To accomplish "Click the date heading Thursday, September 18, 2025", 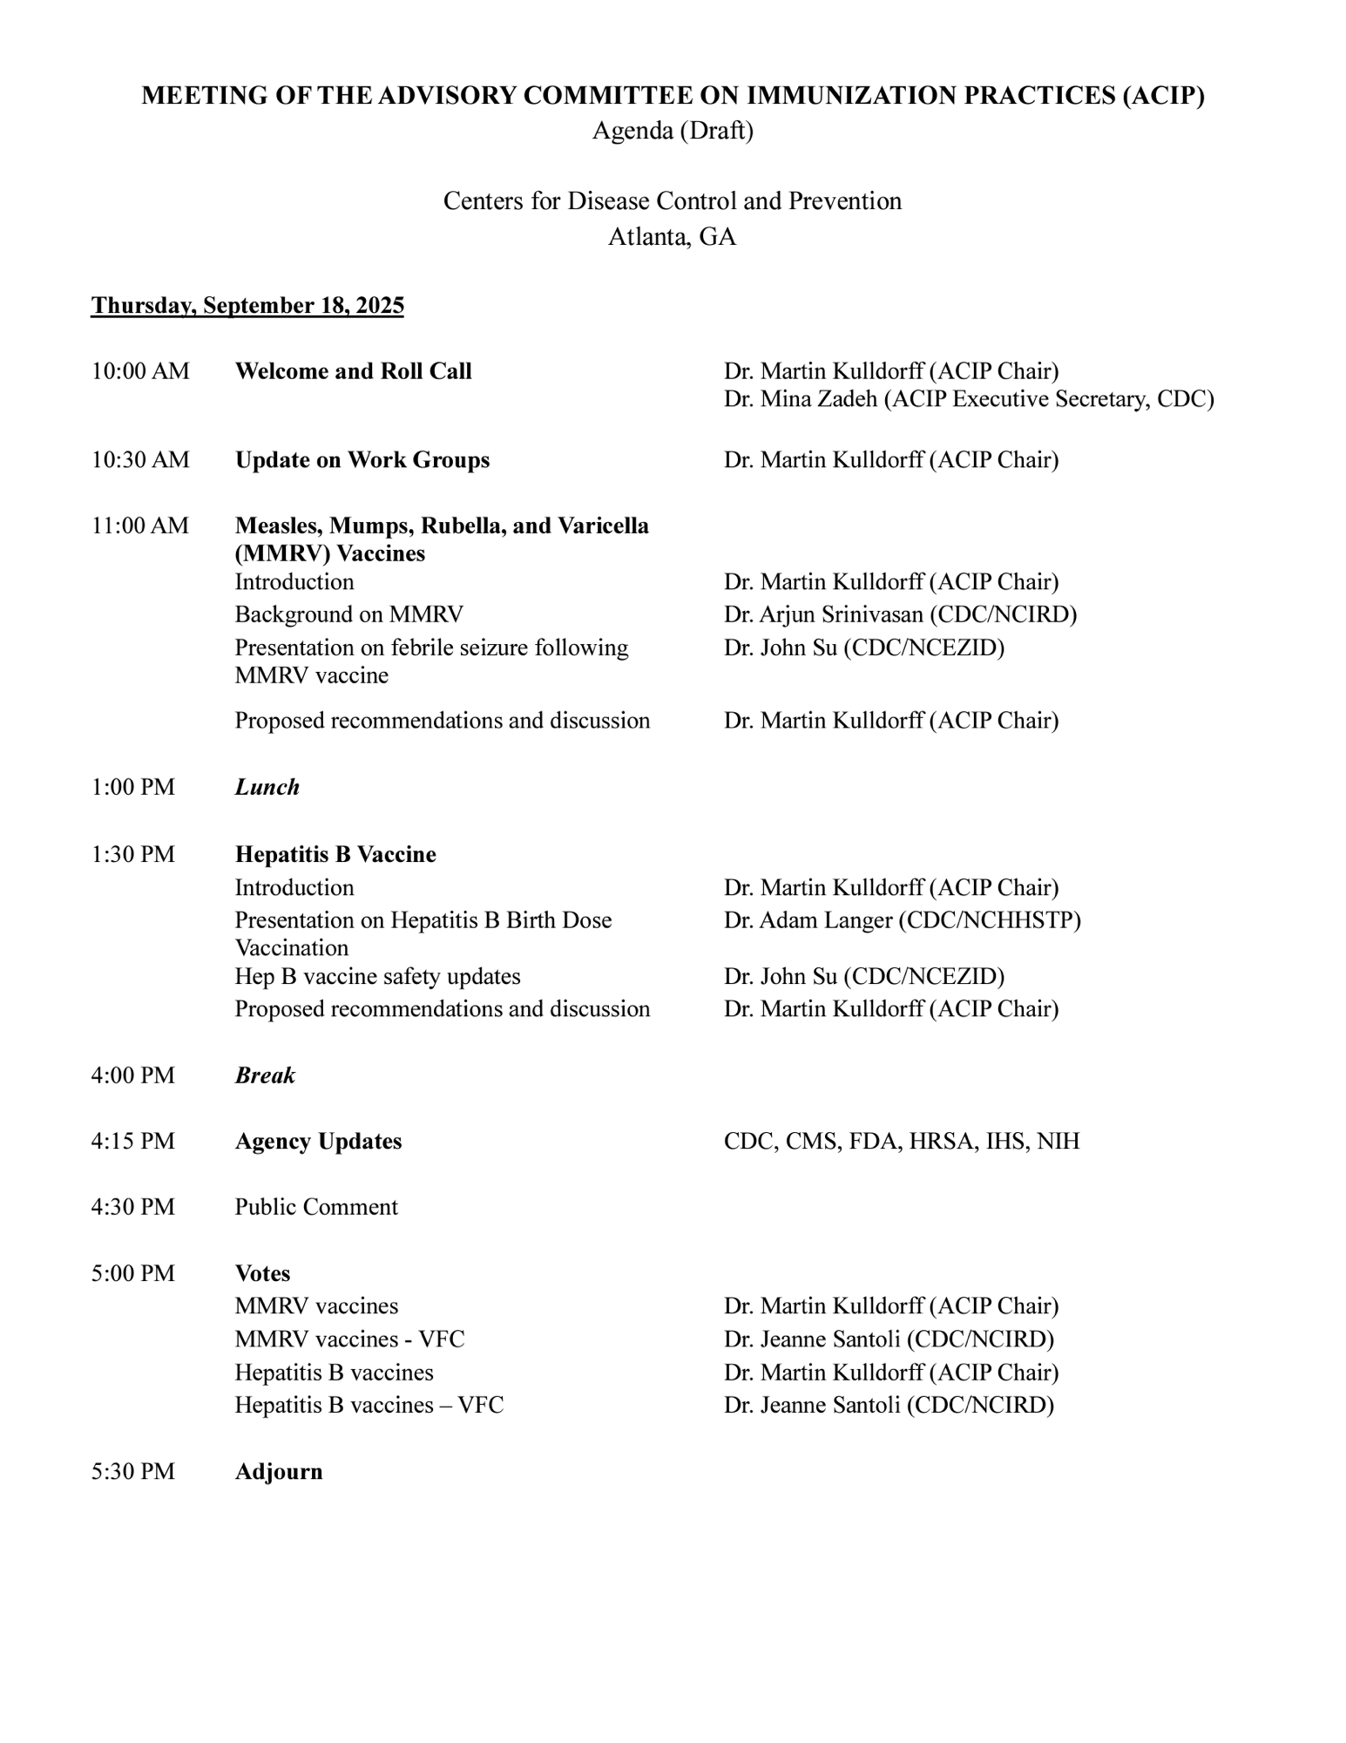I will (247, 306).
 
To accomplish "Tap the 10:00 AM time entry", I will (140, 371).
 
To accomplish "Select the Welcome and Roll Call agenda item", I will (353, 371).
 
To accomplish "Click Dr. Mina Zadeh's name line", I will (968, 399).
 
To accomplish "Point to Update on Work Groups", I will (362, 460).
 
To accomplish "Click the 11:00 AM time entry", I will (140, 526).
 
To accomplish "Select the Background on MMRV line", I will (348, 614).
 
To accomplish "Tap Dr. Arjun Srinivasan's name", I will (900, 614).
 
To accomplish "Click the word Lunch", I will (267, 787).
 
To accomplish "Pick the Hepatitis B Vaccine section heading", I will (335, 854).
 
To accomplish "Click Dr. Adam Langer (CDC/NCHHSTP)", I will (902, 920).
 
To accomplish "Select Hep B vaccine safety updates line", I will (377, 976).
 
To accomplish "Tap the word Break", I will (265, 1075).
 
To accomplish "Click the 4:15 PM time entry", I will (133, 1142).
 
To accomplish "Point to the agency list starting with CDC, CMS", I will (901, 1142).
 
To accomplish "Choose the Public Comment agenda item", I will (316, 1207).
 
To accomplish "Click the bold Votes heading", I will (262, 1273).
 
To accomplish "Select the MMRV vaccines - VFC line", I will (349, 1339).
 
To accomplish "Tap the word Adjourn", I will (279, 1472).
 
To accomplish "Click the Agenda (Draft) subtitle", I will (673, 131).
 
